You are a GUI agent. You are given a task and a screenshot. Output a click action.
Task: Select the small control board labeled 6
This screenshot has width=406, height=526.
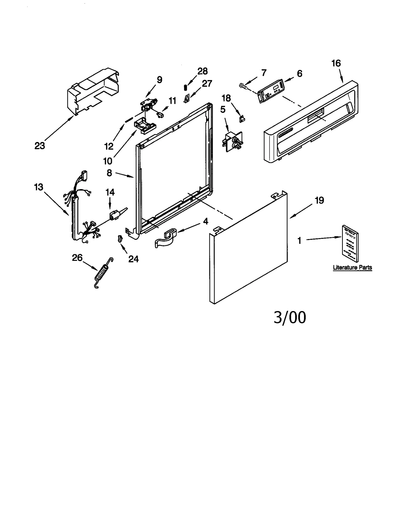click(x=271, y=90)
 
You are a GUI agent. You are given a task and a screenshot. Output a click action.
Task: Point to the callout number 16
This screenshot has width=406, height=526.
click(x=336, y=63)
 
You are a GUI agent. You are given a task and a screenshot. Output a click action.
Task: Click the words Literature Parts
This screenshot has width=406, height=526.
click(x=352, y=267)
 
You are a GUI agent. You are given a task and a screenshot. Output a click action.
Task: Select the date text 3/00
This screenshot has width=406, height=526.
click(x=290, y=317)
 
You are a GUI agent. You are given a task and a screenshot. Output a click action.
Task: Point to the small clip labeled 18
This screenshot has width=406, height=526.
click(x=242, y=118)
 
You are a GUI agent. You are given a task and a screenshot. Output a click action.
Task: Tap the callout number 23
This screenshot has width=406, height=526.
click(x=40, y=146)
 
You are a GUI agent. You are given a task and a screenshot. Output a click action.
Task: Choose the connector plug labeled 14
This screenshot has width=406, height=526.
click(x=114, y=216)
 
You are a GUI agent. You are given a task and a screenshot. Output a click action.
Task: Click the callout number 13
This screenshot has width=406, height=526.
click(x=39, y=187)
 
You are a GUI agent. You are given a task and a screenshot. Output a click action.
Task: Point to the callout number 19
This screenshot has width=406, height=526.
click(x=319, y=200)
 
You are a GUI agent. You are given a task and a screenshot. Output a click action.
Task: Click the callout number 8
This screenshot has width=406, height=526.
click(x=109, y=173)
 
